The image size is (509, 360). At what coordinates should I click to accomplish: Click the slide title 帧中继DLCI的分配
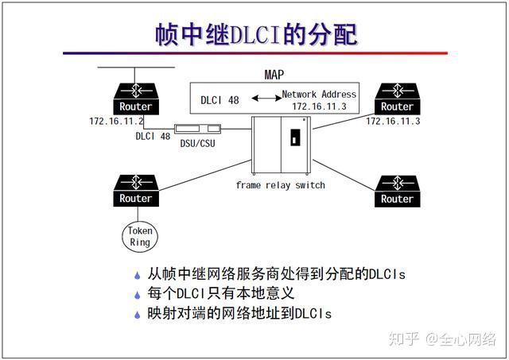(255, 34)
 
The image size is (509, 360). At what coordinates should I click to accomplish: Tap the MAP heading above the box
(274, 75)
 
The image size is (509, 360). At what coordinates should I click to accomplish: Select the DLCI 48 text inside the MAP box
(219, 100)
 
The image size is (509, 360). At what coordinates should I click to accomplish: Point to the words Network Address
(320, 94)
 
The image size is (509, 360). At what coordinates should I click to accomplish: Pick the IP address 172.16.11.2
(116, 122)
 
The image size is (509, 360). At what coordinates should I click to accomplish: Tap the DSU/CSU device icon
(198, 129)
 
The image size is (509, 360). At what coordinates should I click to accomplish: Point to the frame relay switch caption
(280, 185)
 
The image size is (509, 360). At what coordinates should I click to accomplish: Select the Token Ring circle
(140, 236)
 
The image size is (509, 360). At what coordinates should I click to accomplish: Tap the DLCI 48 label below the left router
(153, 136)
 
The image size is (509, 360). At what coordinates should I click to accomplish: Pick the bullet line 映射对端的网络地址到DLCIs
(239, 313)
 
